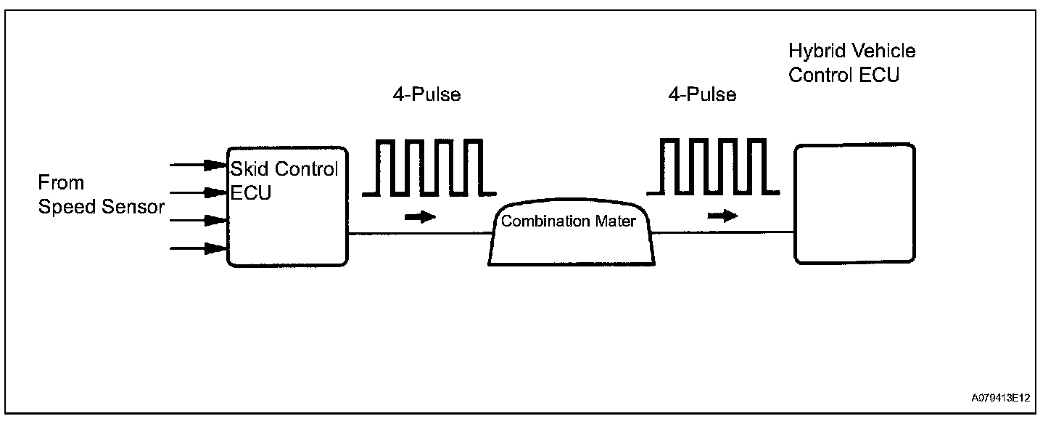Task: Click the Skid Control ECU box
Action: click(287, 218)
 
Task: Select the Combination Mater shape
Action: click(571, 236)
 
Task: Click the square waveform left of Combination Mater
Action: click(429, 167)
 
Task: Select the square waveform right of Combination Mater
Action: click(714, 167)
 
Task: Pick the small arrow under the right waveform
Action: click(722, 216)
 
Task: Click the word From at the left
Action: click(61, 182)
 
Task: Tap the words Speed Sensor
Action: click(101, 207)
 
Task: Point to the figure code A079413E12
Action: click(1002, 398)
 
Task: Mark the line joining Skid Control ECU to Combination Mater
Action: click(420, 234)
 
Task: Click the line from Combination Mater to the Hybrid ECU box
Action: click(722, 233)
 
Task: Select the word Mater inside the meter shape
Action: click(616, 221)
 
